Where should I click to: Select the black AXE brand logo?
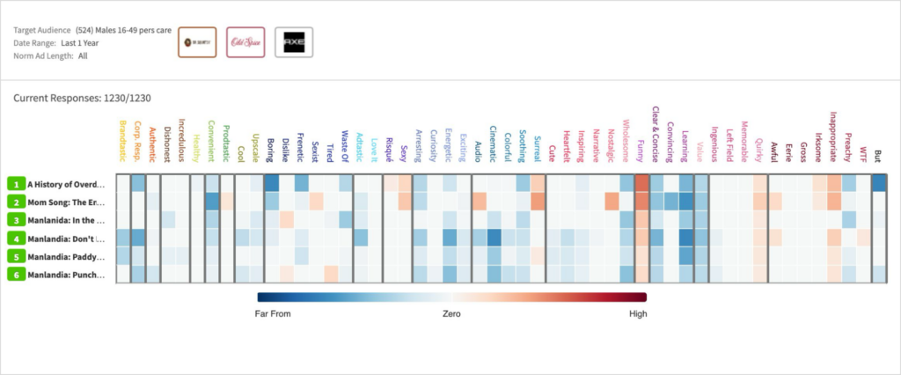293,41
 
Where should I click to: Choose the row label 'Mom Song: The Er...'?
66,202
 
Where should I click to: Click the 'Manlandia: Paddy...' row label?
66,256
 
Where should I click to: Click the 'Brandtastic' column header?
123,138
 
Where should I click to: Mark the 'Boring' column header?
270,148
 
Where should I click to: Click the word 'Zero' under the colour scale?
452,312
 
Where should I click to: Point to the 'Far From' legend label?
272,312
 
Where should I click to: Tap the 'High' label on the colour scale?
638,312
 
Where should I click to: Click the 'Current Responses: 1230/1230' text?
75,99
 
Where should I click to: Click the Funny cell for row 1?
641,183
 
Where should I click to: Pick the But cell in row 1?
879,183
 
